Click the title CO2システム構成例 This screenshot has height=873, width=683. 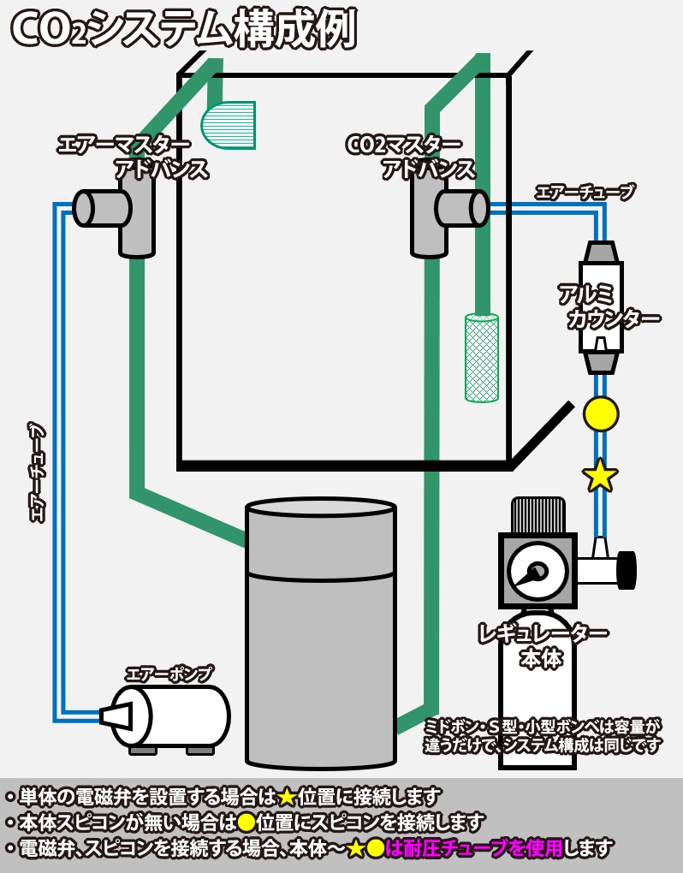click(183, 30)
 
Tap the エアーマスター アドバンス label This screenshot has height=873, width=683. click(137, 157)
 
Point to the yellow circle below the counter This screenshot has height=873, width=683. click(601, 413)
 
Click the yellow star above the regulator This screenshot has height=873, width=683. click(600, 476)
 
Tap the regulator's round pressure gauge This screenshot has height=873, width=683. click(537, 571)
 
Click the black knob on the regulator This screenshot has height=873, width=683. click(627, 570)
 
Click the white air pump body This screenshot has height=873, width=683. click(180, 716)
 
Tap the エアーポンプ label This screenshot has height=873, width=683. click(169, 674)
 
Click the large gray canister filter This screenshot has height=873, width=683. click(321, 633)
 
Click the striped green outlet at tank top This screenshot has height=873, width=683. click(229, 125)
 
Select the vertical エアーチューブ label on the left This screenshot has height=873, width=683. click(37, 472)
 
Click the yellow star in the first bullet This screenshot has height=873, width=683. click(287, 797)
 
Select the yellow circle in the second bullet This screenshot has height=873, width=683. click(246, 823)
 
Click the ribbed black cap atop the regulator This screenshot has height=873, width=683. click(538, 514)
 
